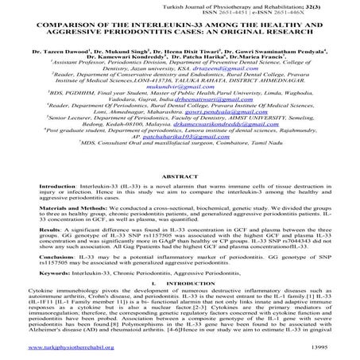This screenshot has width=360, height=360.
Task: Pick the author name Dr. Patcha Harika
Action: click(x=201, y=57)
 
